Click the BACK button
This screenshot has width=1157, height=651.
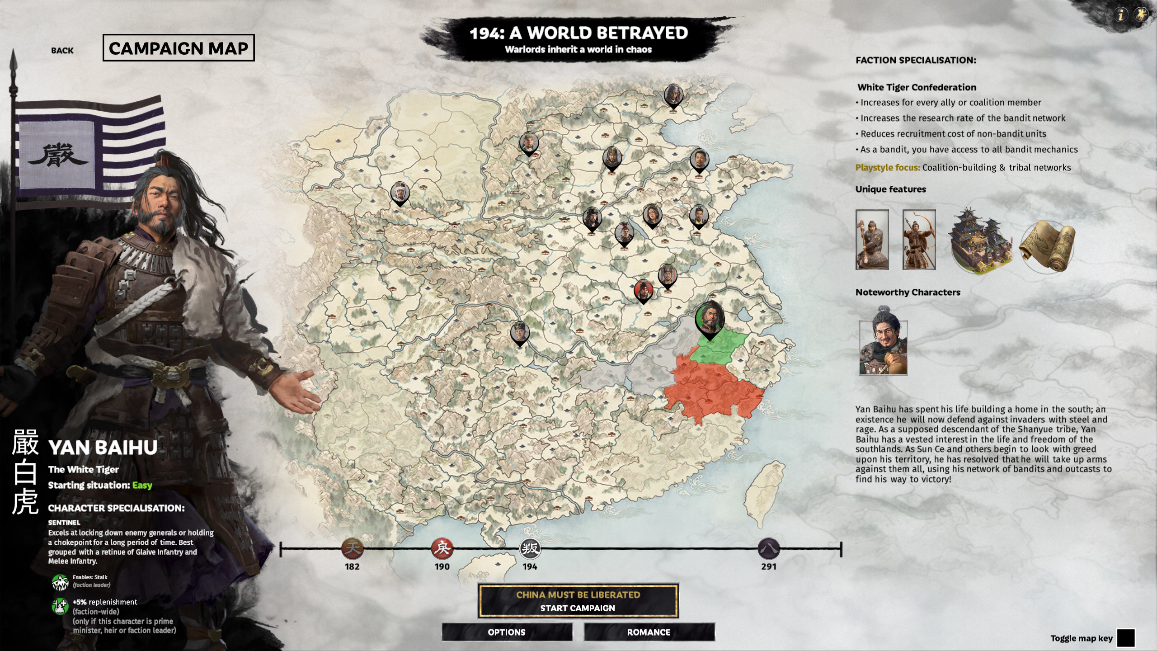coord(62,51)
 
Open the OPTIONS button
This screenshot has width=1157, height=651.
coord(507,632)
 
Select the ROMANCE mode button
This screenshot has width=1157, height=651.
coord(649,632)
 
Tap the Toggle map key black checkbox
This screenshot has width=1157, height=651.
coord(1125,638)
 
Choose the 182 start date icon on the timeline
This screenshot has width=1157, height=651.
coord(352,549)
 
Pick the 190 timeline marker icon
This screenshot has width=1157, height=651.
coord(442,549)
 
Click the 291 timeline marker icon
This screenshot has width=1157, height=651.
coord(768,549)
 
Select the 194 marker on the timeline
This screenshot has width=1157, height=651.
coord(530,549)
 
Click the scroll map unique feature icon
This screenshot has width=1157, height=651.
coord(1048,246)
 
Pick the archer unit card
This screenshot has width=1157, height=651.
coord(919,240)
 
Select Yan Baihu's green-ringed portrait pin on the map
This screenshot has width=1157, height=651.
coord(710,319)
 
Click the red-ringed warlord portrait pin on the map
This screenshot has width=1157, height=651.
coord(643,290)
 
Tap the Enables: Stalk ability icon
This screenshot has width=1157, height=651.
coord(60,582)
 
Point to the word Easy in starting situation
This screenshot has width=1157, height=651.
coord(142,486)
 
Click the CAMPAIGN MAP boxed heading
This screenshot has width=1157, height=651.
coord(179,48)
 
